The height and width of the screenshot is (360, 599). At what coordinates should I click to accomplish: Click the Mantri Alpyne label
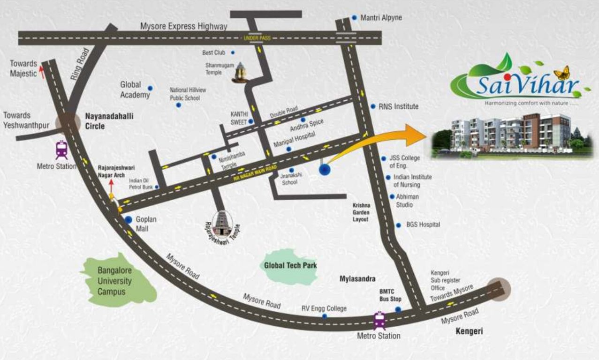[x=381, y=18]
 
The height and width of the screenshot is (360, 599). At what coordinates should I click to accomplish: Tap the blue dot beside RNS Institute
[x=373, y=106]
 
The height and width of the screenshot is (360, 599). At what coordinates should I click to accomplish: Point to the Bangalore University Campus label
[x=114, y=281]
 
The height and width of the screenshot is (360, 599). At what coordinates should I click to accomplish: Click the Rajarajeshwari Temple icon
[x=222, y=224]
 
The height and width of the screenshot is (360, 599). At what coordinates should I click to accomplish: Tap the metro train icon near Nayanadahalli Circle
[x=61, y=150]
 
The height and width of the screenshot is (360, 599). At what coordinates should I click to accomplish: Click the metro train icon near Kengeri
[x=379, y=320]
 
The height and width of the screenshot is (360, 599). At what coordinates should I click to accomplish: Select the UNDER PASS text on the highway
[x=257, y=38]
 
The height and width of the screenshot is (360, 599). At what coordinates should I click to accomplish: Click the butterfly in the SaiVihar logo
[x=561, y=73]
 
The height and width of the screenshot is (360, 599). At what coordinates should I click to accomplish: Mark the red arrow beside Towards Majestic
[x=41, y=71]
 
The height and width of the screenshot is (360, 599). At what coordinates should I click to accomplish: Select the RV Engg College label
[x=324, y=308]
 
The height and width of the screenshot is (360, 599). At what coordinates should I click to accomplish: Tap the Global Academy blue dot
[x=150, y=88]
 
